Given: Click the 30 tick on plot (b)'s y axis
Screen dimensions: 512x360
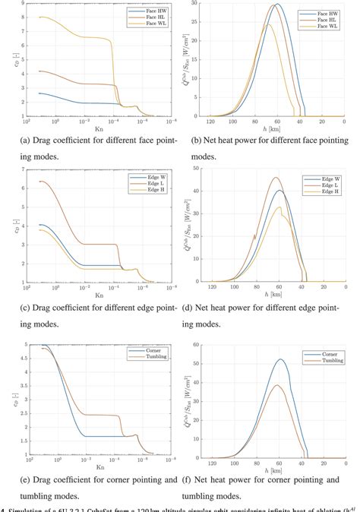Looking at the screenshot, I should coord(198,3).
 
